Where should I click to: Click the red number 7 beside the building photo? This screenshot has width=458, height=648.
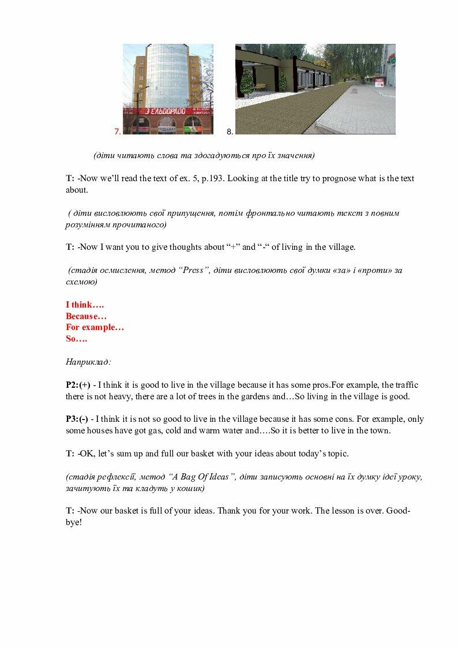pos(118,132)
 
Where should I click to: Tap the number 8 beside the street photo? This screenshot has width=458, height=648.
pos(230,132)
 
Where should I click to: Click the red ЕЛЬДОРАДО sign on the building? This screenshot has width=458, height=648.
pos(171,111)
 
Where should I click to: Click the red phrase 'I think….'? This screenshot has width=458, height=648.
pos(85,305)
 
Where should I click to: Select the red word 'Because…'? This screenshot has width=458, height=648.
pos(86,316)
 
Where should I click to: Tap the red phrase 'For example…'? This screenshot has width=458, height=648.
pos(95,327)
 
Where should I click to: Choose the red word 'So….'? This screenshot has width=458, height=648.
pos(76,339)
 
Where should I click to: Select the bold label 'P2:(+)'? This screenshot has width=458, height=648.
pos(78,385)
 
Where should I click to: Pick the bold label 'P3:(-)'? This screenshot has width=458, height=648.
pos(77,419)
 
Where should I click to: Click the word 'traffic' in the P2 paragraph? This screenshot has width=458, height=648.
pos(407,385)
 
